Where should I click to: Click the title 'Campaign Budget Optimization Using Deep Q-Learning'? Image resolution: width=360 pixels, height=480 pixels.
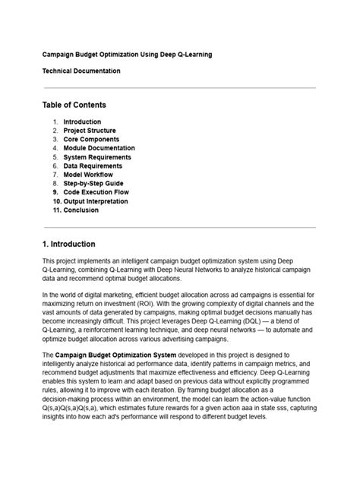tap(126, 55)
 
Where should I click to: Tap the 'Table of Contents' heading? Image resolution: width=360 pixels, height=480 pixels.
tap(74, 105)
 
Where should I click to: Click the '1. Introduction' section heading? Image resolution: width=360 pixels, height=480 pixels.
tap(68, 244)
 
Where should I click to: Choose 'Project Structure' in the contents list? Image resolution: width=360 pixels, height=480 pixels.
tap(90, 131)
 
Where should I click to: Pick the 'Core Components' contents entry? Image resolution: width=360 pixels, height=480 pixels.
tap(90, 139)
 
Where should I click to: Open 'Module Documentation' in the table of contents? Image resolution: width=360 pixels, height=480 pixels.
tap(99, 148)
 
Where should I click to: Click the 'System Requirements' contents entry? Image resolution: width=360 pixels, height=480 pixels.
tap(96, 157)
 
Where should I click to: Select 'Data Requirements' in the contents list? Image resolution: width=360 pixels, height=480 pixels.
tap(93, 166)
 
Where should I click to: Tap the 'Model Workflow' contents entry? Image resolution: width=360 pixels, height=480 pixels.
tap(88, 175)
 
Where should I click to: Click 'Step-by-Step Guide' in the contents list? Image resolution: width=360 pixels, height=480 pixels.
tap(93, 184)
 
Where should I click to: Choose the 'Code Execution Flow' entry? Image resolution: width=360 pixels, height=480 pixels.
tap(96, 192)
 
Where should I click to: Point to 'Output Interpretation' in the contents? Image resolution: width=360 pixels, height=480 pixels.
tap(96, 201)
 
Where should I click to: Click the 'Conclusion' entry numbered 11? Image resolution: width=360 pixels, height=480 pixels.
tap(81, 210)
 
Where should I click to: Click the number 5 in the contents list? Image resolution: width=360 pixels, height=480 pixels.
tap(55, 157)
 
